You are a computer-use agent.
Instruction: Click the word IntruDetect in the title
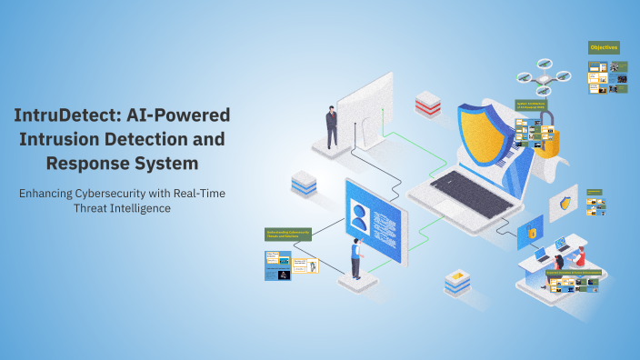58,115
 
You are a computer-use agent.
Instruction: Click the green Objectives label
605,46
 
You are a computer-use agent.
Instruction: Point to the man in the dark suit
332,126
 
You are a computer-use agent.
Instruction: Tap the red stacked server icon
427,103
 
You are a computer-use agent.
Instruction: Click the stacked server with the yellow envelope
457,281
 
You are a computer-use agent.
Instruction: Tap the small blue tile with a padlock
529,233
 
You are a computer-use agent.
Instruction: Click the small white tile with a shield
565,205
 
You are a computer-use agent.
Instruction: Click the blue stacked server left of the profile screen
303,184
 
